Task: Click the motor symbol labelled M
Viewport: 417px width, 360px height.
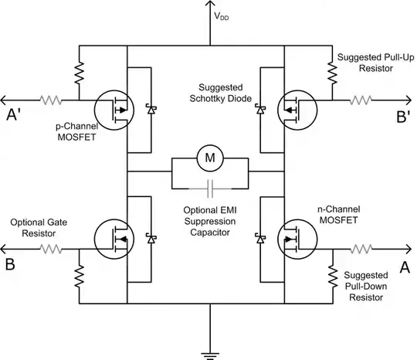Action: pos(208,158)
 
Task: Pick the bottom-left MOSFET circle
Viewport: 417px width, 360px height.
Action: pos(114,239)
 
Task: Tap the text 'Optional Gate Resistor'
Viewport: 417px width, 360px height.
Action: pos(38,229)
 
